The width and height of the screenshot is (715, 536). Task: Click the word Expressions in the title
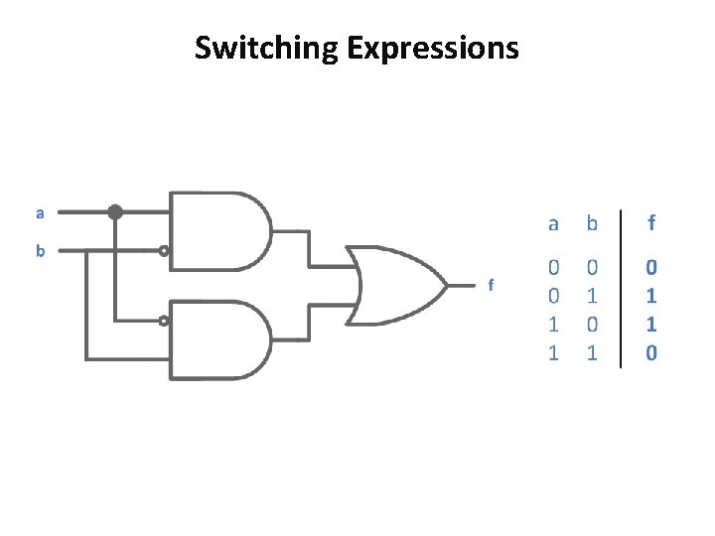tap(433, 47)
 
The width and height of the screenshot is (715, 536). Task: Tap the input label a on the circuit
tap(40, 212)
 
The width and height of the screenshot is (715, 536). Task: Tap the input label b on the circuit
tap(40, 251)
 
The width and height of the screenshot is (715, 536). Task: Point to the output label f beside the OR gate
tap(490, 285)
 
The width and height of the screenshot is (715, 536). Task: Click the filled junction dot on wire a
tap(115, 211)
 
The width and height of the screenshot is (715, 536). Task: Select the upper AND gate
tap(219, 229)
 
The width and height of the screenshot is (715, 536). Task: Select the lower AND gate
tap(219, 339)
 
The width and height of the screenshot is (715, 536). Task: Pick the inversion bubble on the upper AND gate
tap(165, 251)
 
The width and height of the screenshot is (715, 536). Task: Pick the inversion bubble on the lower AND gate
tap(165, 321)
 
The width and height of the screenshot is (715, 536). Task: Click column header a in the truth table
tap(553, 224)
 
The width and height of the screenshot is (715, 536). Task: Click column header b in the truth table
tap(592, 224)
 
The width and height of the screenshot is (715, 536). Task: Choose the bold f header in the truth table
tap(651, 224)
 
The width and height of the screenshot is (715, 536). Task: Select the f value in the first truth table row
tap(651, 267)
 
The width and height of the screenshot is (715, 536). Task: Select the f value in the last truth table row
tap(651, 352)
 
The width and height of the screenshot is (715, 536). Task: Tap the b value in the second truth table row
tap(592, 296)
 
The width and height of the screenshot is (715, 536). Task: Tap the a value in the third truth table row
tap(553, 324)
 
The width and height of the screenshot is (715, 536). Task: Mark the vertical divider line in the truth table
tap(622, 288)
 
